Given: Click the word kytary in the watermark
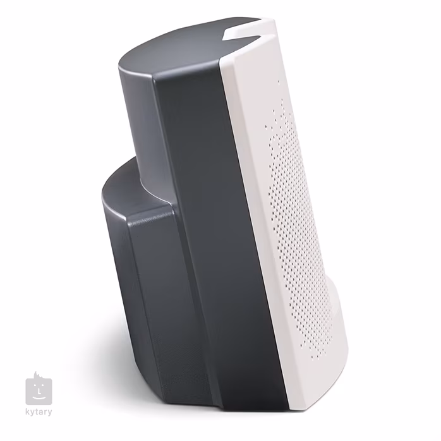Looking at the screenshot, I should [39, 413].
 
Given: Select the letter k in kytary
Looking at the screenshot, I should [28, 413].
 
